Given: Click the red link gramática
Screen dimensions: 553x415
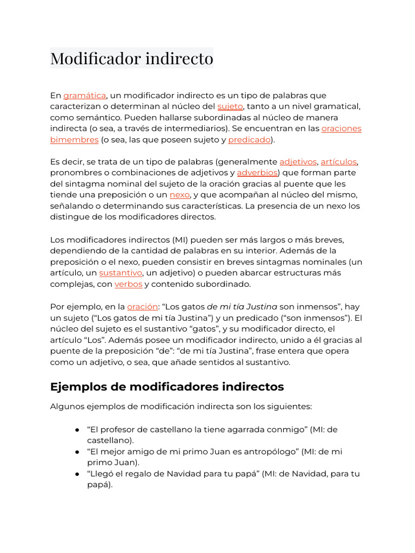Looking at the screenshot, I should (x=84, y=96).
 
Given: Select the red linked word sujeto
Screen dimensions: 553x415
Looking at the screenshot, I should (x=230, y=106).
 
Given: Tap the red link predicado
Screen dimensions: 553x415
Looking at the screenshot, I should (x=249, y=139).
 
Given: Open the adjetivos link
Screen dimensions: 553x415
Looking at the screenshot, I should (x=298, y=162).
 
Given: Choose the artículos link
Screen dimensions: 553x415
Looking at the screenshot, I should (x=339, y=162).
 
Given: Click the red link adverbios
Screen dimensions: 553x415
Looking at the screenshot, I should (x=257, y=173).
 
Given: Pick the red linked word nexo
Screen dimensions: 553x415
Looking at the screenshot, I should (x=179, y=195).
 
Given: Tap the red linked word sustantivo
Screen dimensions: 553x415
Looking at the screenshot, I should (x=121, y=273).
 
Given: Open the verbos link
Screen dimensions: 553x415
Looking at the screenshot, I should (x=128, y=284).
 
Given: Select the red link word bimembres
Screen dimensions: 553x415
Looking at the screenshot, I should (x=74, y=139).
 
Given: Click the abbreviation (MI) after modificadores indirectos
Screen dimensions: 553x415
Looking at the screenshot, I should (x=182, y=239).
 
